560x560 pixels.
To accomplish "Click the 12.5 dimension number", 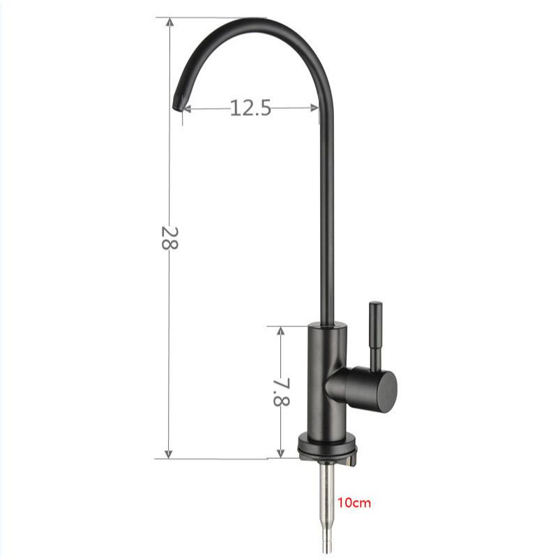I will coord(250,107).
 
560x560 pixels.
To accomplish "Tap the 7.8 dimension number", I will coord(281,392).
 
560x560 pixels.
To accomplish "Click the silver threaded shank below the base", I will coord(327,488).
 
